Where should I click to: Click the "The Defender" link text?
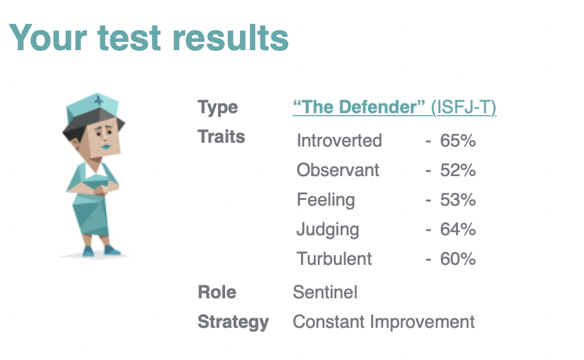click(x=359, y=107)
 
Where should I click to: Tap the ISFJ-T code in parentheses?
click(x=464, y=107)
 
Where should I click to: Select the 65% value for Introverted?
click(x=458, y=141)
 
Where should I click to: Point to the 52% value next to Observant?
click(x=458, y=170)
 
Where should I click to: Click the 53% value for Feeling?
click(x=458, y=199)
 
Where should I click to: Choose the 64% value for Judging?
click(x=458, y=229)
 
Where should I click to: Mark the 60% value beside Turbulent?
click(x=458, y=258)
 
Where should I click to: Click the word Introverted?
click(x=340, y=141)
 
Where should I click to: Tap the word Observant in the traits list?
click(x=338, y=170)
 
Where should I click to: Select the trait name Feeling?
click(x=326, y=201)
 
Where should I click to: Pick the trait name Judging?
click(x=328, y=230)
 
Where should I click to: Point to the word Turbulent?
click(x=334, y=258)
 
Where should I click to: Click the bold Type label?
click(x=217, y=108)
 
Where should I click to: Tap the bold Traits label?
click(x=221, y=137)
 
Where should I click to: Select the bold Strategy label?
click(x=233, y=323)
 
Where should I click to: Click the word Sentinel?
click(x=325, y=292)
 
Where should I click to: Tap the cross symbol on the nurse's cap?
click(x=98, y=100)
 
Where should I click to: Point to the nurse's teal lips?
click(x=106, y=147)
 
